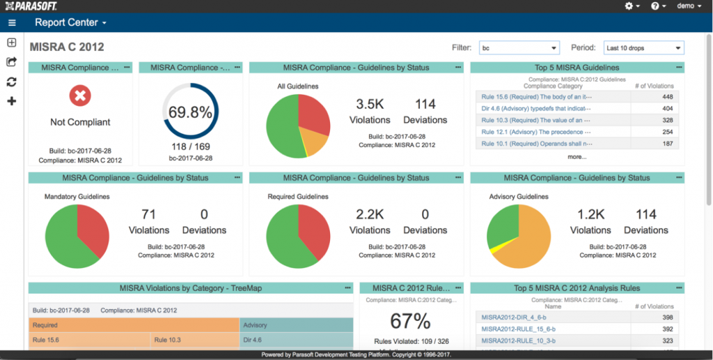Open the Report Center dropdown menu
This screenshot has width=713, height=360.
70,22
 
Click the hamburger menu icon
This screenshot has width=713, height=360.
12,22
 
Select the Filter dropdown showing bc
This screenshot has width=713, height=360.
519,48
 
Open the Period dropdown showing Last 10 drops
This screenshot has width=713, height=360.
643,48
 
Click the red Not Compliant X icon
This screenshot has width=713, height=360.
80,96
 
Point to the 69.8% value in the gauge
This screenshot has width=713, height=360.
190,112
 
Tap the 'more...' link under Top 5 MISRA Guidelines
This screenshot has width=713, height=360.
577,157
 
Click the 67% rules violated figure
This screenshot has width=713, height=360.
411,321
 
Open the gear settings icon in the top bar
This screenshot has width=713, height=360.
632,6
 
